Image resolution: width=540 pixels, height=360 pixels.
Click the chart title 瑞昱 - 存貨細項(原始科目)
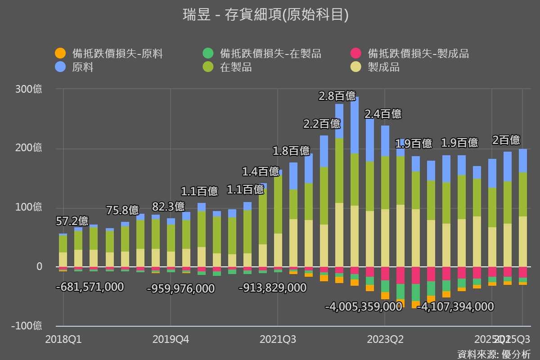(265, 15)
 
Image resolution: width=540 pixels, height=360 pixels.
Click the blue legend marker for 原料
(59, 67)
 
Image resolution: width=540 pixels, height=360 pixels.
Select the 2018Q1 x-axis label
(63, 339)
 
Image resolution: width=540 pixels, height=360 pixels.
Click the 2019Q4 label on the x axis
(171, 339)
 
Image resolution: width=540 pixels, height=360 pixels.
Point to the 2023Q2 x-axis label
(385, 339)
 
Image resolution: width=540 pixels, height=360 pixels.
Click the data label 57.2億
(72, 221)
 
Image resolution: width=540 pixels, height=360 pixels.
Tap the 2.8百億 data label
(337, 96)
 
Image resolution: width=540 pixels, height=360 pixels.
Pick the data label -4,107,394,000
(455, 307)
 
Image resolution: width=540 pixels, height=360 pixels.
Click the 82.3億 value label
(168, 207)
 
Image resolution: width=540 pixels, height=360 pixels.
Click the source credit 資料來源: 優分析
(494, 354)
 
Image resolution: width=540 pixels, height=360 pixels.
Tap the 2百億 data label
(506, 140)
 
